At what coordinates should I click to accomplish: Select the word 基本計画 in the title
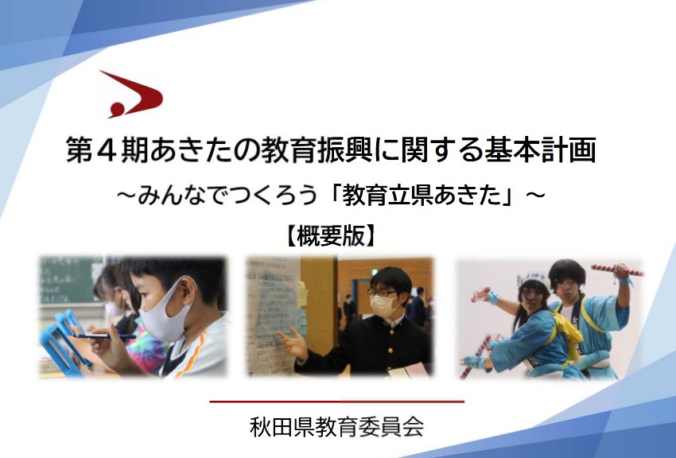point(540,150)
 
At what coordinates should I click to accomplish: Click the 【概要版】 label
point(330,235)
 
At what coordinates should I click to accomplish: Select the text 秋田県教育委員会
point(336,426)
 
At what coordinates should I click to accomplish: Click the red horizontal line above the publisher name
point(336,402)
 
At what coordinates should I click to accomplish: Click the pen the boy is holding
point(106,336)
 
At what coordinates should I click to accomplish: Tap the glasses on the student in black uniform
point(383,293)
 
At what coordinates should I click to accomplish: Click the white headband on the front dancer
point(533,279)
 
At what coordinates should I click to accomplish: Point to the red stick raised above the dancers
point(617,270)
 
